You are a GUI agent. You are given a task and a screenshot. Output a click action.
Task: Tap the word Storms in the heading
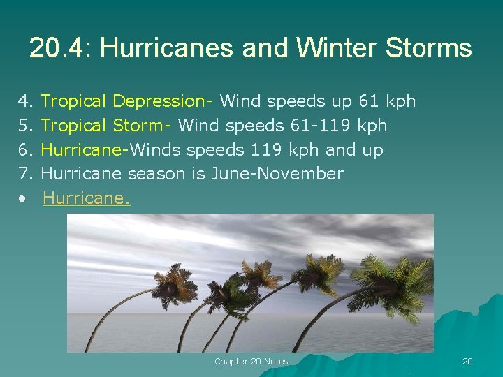[432, 48]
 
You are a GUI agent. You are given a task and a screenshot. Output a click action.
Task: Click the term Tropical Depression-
[127, 102]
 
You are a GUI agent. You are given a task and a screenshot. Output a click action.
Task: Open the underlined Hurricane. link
[87, 199]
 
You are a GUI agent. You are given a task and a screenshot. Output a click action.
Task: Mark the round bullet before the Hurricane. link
[24, 200]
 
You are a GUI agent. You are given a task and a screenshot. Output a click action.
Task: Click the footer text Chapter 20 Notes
[251, 361]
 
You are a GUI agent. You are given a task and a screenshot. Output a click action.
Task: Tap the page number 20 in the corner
[467, 361]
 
